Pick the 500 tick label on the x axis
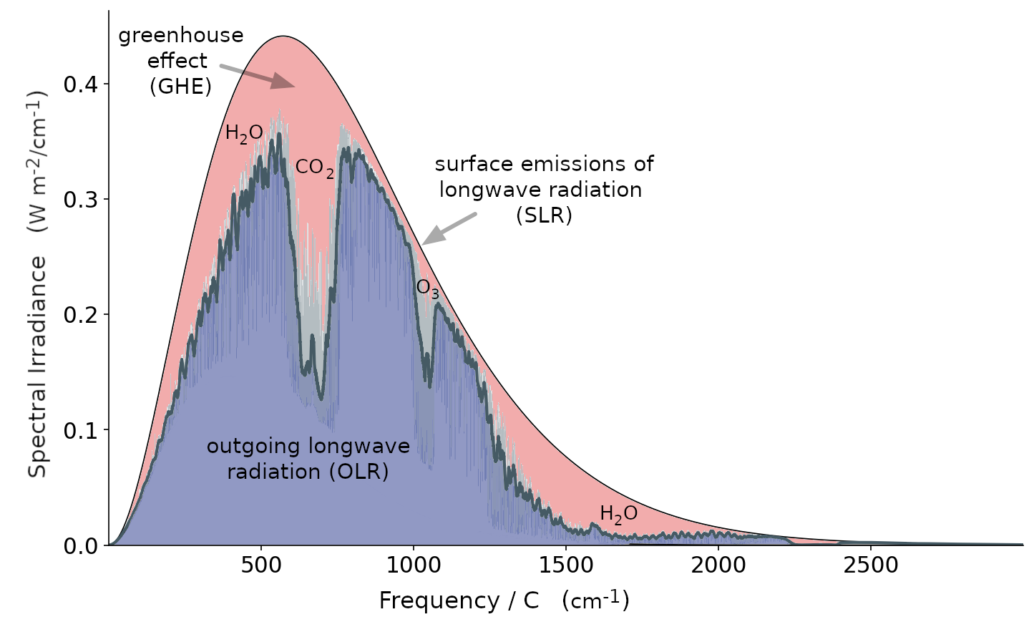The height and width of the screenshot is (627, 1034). [x=260, y=565]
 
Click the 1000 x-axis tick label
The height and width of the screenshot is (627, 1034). [x=413, y=565]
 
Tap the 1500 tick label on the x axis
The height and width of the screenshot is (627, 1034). [x=565, y=565]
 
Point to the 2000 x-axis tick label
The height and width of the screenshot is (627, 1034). [x=718, y=565]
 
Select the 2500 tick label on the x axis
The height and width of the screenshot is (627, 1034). [x=870, y=565]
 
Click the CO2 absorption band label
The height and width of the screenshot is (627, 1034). [x=314, y=168]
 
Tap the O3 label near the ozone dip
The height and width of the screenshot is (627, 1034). [x=427, y=288]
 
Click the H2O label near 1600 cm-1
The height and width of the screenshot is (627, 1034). [x=618, y=514]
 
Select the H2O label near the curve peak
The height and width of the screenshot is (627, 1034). [x=243, y=134]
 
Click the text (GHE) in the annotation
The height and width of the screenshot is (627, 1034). [x=180, y=87]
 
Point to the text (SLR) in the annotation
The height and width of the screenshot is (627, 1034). [x=544, y=215]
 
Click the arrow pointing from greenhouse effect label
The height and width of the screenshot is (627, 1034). [x=258, y=77]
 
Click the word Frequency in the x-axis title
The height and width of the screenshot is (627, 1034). [x=437, y=601]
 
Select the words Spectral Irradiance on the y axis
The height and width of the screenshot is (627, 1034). [x=37, y=366]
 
